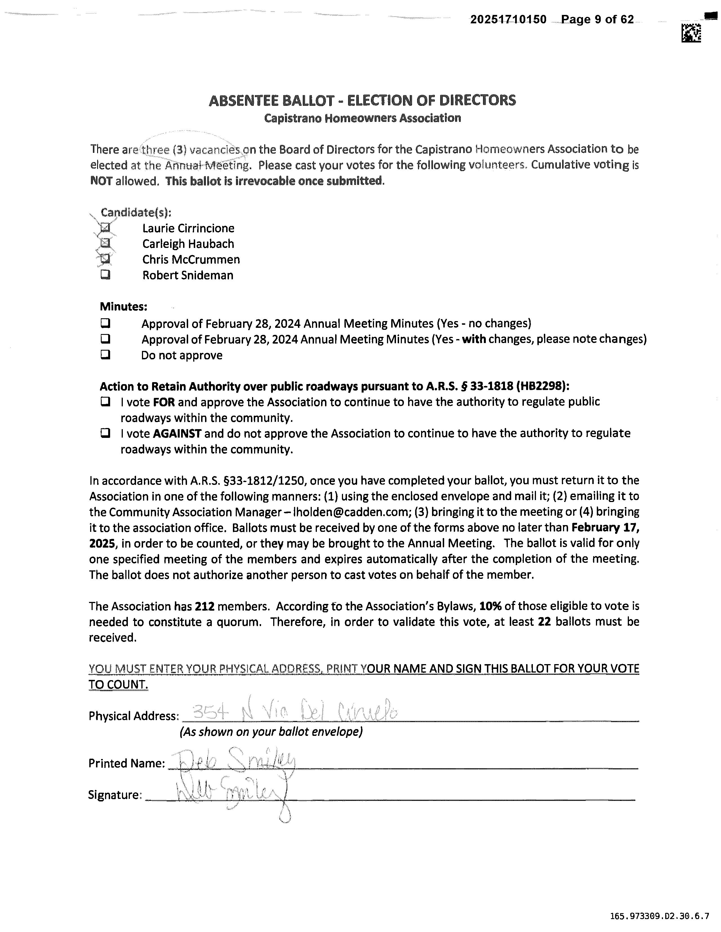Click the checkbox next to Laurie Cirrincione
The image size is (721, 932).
[105, 228]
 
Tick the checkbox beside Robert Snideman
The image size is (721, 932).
[105, 275]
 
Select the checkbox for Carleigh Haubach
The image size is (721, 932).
[105, 244]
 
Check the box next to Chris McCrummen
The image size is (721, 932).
[105, 259]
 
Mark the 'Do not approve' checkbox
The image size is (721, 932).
[105, 355]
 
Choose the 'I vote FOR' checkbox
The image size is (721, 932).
[105, 402]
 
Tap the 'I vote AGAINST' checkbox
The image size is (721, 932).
[105, 433]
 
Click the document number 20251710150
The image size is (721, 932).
[508, 20]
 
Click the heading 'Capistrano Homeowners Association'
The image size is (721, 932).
[362, 118]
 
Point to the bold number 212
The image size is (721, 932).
[204, 606]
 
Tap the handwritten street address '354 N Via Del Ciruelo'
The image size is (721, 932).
[295, 712]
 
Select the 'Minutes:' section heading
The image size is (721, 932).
[123, 306]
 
